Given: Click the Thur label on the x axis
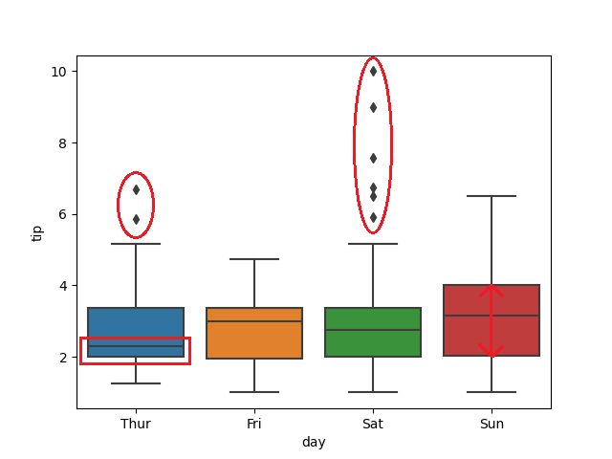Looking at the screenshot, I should pyautogui.click(x=136, y=424).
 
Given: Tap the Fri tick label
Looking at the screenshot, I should pyautogui.click(x=254, y=424).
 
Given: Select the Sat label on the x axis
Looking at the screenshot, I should pyautogui.click(x=373, y=424).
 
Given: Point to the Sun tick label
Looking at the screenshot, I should pyautogui.click(x=492, y=424).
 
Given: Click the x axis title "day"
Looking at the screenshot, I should pyautogui.click(x=314, y=442).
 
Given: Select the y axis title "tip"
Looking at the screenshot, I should pyautogui.click(x=38, y=232).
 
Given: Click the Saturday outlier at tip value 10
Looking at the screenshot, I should pyautogui.click(x=373, y=71).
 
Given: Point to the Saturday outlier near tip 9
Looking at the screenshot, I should pyautogui.click(x=373, y=107).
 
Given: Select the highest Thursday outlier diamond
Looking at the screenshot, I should pyautogui.click(x=136, y=189).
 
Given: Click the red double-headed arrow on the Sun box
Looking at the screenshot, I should pyautogui.click(x=492, y=321).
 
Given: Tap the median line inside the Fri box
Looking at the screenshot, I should pyautogui.click(x=254, y=321).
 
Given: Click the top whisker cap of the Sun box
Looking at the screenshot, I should pyautogui.click(x=492, y=196).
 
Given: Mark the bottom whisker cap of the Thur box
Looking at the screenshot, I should pyautogui.click(x=136, y=383).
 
